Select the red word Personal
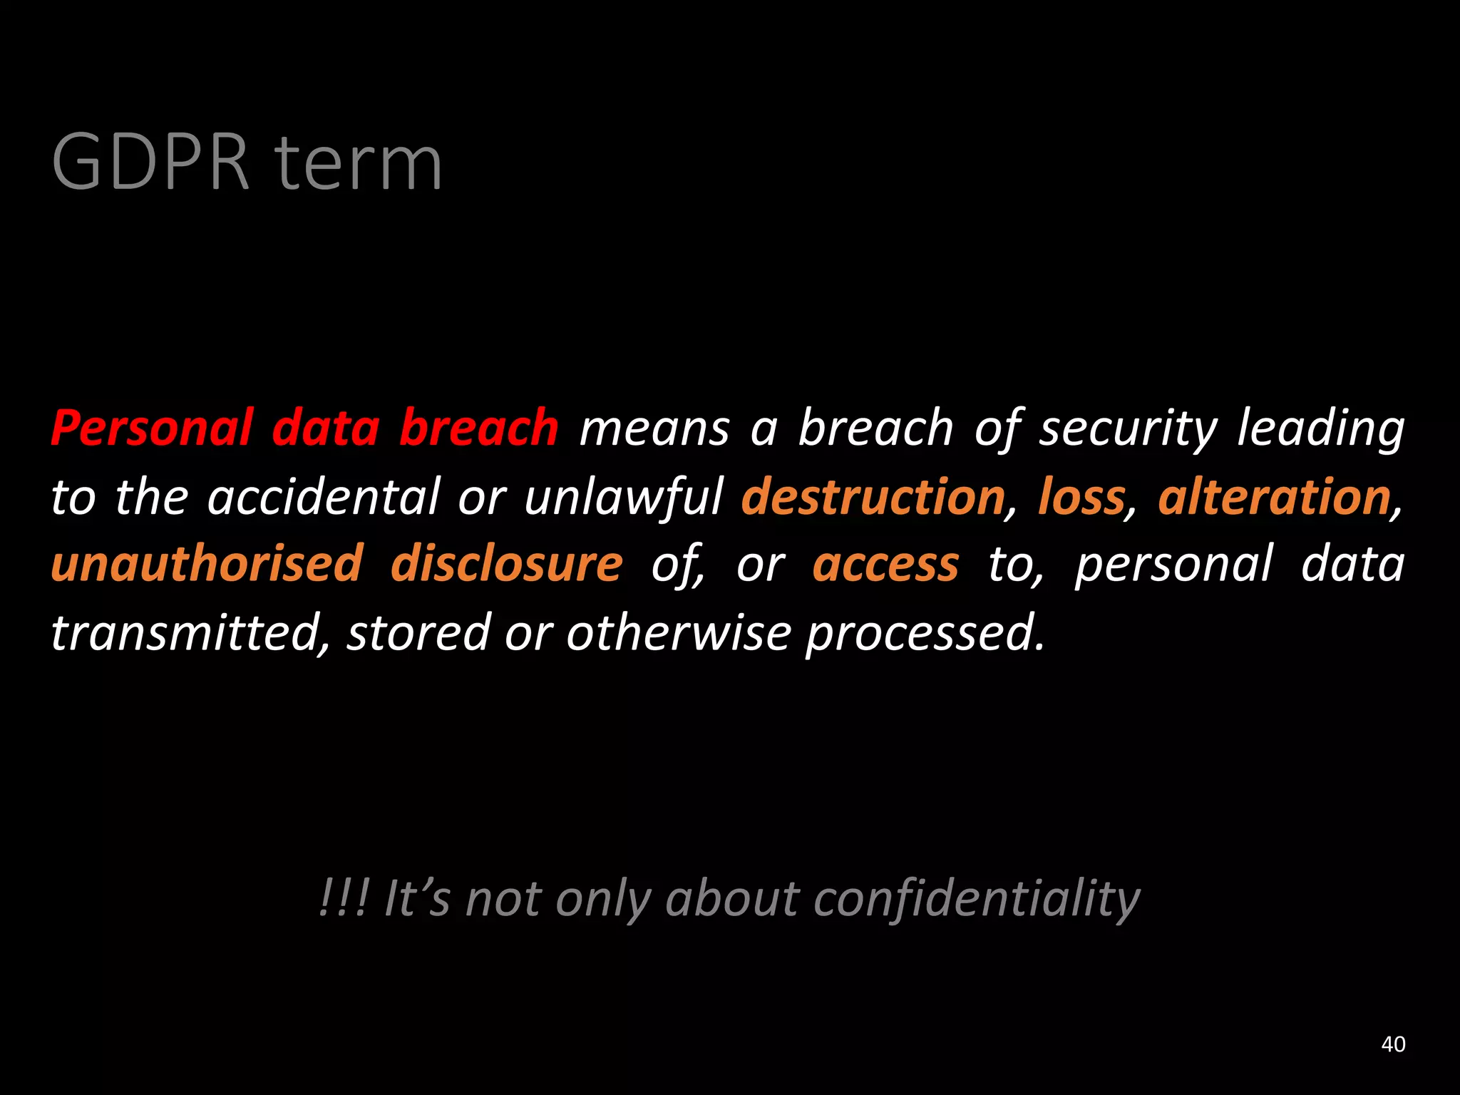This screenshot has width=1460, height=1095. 152,428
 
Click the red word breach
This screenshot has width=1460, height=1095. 478,428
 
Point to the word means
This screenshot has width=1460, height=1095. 654,429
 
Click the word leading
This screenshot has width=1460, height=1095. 1320,429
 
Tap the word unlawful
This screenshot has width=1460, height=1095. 624,497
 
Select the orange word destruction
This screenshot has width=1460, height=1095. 873,497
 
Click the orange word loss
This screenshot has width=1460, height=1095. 1081,497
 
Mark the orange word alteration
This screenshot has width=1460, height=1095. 1275,497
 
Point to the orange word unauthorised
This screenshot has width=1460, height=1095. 207,564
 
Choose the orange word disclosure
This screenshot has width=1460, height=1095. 506,564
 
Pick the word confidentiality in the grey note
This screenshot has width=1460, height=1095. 977,899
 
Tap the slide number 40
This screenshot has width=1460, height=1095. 1393,1044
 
